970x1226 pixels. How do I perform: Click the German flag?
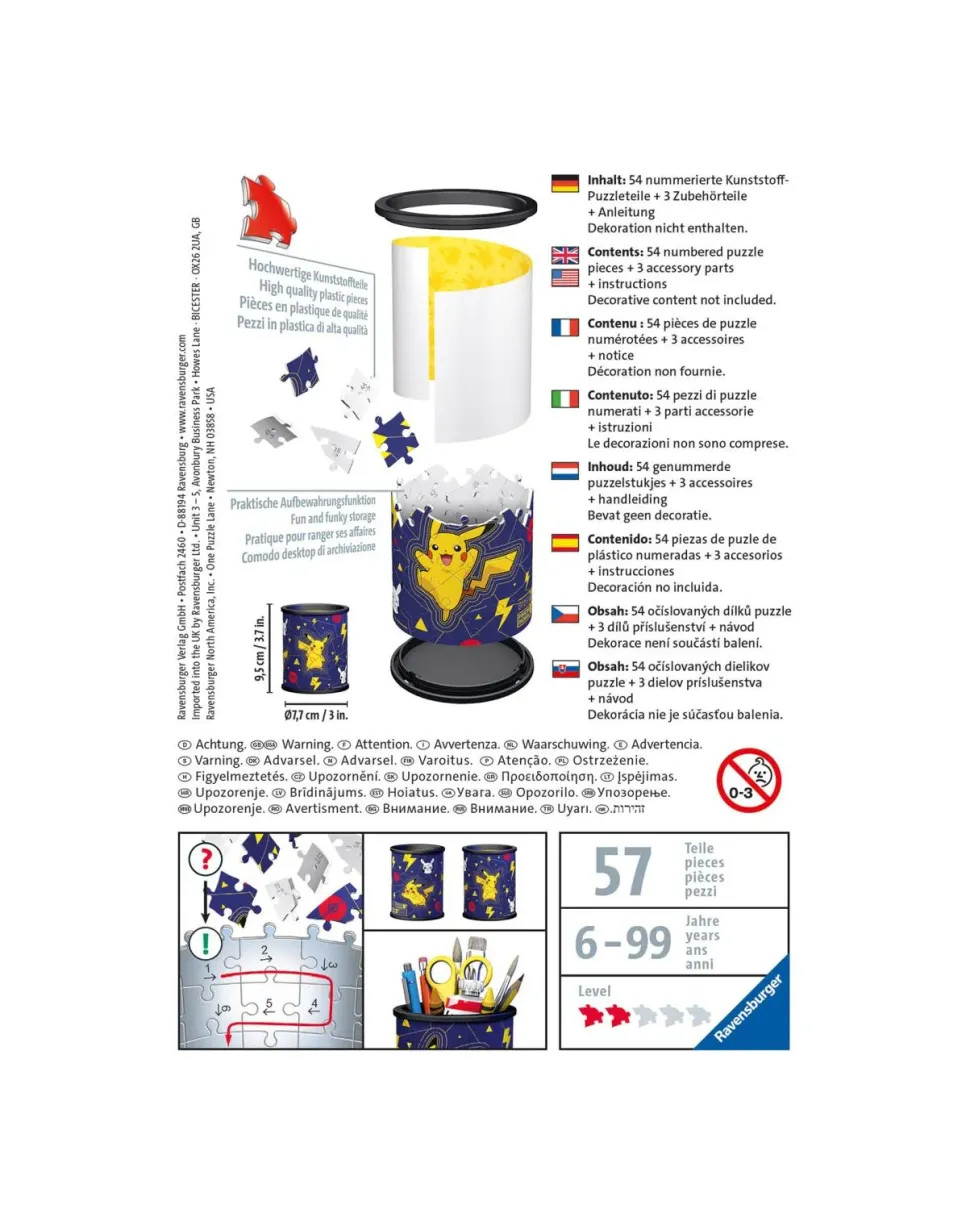click(564, 183)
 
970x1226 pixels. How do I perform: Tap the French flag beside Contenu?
click(564, 326)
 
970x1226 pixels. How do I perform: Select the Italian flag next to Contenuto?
click(564, 398)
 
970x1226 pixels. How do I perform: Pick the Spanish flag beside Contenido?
click(564, 542)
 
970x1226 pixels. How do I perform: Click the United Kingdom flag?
click(564, 254)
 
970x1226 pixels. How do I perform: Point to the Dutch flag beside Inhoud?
click(564, 470)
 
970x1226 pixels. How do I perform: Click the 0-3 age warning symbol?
click(749, 780)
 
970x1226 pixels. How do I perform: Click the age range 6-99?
click(622, 942)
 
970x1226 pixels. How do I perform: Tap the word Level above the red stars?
click(594, 991)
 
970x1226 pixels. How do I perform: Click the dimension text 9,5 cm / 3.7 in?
click(260, 648)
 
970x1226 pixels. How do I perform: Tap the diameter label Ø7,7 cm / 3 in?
click(314, 715)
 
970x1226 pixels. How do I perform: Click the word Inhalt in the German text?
click(606, 181)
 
